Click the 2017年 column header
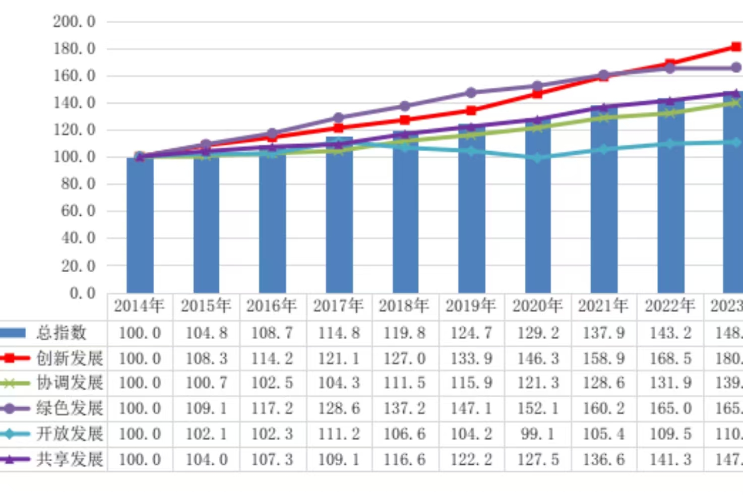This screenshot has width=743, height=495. tap(338, 306)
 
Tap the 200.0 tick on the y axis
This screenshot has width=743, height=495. tap(74, 22)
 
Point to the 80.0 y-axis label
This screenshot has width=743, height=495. tap(78, 184)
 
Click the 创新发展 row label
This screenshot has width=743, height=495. tap(70, 358)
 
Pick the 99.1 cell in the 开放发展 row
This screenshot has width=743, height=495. tap(537, 434)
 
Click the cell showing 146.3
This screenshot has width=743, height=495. tap(537, 358)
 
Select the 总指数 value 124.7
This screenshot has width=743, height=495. tap(471, 333)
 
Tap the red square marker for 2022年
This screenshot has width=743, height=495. tap(670, 64)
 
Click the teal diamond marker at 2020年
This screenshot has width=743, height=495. tap(537, 158)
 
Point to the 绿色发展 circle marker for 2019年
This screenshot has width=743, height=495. tap(471, 93)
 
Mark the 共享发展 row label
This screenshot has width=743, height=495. tap(70, 459)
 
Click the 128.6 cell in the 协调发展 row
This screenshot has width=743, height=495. tap(603, 383)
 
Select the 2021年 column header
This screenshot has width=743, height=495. tap(603, 306)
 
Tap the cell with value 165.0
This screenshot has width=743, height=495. tap(670, 408)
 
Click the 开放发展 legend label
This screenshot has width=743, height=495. tap(70, 434)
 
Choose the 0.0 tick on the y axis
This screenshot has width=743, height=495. tap(83, 293)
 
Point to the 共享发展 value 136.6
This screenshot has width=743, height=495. tap(603, 459)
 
